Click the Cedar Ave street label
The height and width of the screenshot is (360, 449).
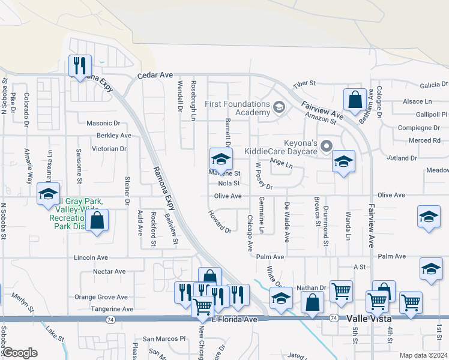[x=155, y=76]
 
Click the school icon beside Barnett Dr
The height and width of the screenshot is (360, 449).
[x=221, y=160]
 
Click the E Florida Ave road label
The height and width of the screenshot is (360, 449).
[x=234, y=320]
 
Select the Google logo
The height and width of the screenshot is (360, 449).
[x=19, y=353]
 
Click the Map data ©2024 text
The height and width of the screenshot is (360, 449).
[x=423, y=355]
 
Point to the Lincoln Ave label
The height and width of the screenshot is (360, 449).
[x=91, y=257]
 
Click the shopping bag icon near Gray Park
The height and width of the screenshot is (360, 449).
[x=96, y=221]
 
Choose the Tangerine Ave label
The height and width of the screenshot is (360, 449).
[x=112, y=309]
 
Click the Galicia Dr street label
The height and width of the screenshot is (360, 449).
[x=434, y=85]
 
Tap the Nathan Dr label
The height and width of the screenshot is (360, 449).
[x=310, y=288]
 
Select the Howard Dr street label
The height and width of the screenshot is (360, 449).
[x=220, y=221]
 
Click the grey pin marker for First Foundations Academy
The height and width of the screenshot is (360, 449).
[x=279, y=108]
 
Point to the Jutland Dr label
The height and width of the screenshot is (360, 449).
[x=402, y=158]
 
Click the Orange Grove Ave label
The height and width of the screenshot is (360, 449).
[x=101, y=297]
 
